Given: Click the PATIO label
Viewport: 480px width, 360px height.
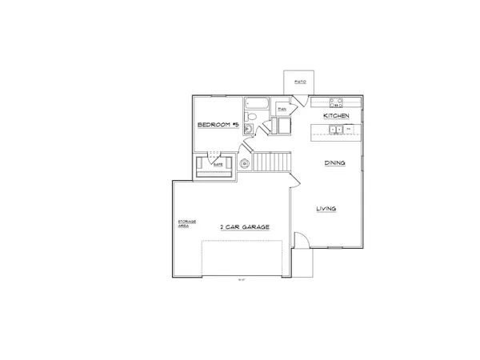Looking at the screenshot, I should pyautogui.click(x=302, y=82).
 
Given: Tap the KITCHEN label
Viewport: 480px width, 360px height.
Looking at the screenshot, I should pyautogui.click(x=336, y=116).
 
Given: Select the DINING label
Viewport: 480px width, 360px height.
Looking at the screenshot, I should pyautogui.click(x=334, y=163).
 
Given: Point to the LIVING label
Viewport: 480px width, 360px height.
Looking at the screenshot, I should pyautogui.click(x=326, y=209).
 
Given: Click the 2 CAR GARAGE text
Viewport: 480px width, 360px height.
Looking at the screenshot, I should pyautogui.click(x=245, y=227).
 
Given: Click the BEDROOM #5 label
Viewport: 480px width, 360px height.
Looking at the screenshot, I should pyautogui.click(x=218, y=126).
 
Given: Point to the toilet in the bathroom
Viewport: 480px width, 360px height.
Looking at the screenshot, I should pyautogui.click(x=250, y=116).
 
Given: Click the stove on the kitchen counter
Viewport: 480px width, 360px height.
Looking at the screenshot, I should pyautogui.click(x=337, y=102).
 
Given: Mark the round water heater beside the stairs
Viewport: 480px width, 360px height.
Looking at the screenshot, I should pyautogui.click(x=246, y=164).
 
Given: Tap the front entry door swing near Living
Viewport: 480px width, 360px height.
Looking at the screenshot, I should pyautogui.click(x=302, y=239).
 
